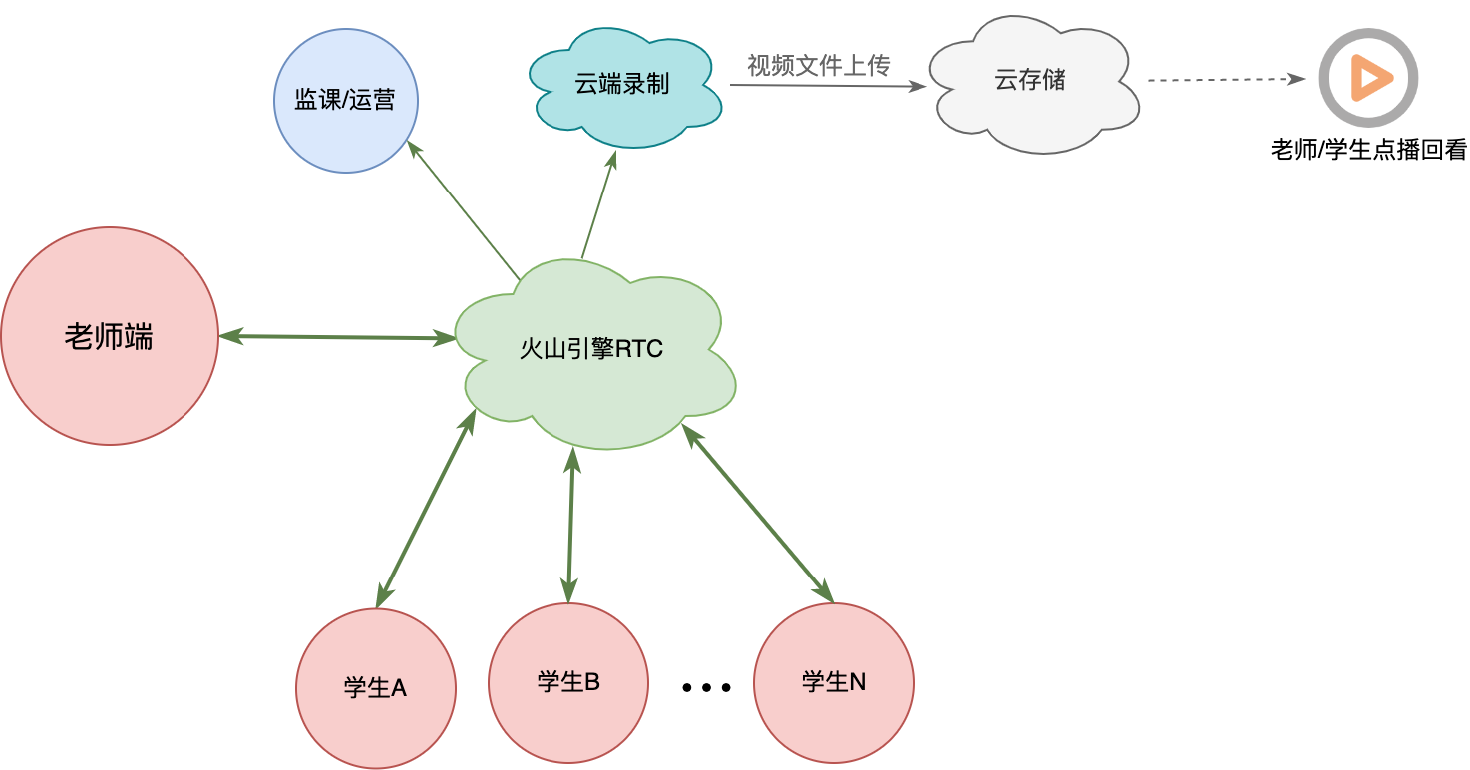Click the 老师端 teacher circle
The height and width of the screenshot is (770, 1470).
pyautogui.click(x=110, y=336)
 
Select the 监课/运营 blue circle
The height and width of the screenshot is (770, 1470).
pyautogui.click(x=346, y=101)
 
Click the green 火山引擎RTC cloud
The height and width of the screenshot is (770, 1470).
pyautogui.click(x=594, y=354)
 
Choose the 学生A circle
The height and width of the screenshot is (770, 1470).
pyautogui.click(x=375, y=688)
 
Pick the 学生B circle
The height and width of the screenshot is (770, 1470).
pyautogui.click(x=568, y=682)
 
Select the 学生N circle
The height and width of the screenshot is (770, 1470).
pyautogui.click(x=834, y=682)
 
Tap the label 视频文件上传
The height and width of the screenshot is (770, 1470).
pyautogui.click(x=819, y=65)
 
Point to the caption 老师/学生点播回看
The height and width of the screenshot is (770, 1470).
pyautogui.click(x=1369, y=149)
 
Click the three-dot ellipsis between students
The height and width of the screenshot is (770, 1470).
pyautogui.click(x=706, y=688)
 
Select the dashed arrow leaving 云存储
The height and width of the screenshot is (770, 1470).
pyautogui.click(x=1227, y=80)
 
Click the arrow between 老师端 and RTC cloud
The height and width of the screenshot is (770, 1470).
pyautogui.click(x=337, y=337)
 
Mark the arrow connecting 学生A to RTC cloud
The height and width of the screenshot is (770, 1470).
pyautogui.click(x=426, y=509)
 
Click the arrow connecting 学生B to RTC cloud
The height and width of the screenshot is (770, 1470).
pyautogui.click(x=570, y=526)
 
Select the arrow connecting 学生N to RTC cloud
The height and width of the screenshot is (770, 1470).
pyautogui.click(x=757, y=514)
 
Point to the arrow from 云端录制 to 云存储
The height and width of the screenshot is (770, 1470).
pyautogui.click(x=828, y=86)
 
